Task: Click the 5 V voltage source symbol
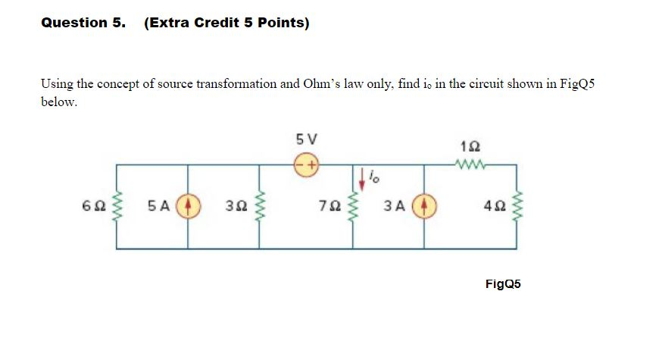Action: (x=308, y=164)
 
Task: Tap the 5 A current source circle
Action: (x=188, y=205)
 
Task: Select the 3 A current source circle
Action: (x=423, y=205)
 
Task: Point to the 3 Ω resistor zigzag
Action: (x=261, y=205)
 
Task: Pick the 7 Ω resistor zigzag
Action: (x=351, y=205)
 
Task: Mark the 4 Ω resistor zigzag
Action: (x=517, y=205)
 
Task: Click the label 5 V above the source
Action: (x=308, y=139)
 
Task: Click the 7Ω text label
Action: (x=328, y=205)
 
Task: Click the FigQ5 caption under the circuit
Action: (x=503, y=284)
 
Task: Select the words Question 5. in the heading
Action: (x=83, y=23)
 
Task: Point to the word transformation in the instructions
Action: (x=237, y=83)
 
